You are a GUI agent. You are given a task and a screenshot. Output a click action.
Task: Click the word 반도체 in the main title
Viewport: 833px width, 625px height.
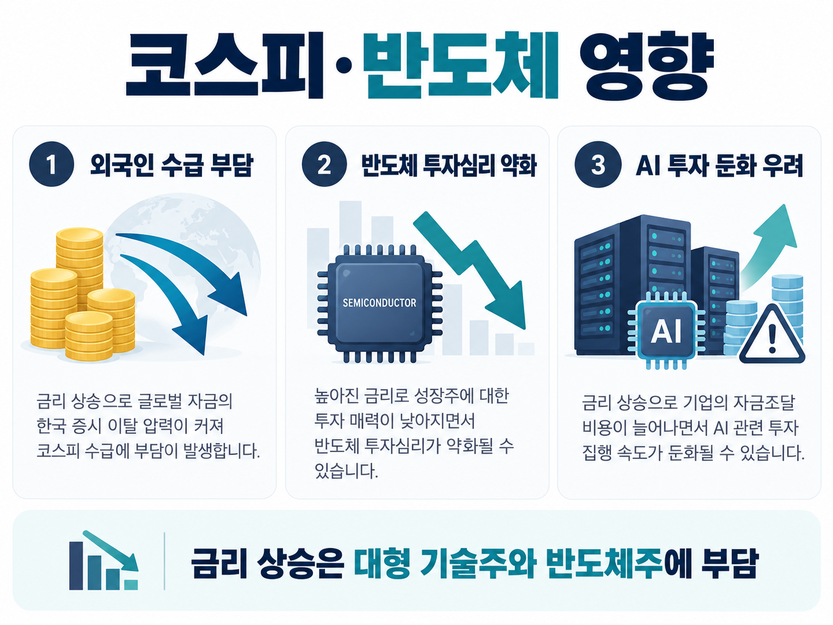click(x=460, y=65)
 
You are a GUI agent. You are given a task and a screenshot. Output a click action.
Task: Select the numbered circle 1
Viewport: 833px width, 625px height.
click(x=51, y=164)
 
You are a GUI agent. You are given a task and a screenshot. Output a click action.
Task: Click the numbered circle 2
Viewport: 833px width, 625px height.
click(x=324, y=164)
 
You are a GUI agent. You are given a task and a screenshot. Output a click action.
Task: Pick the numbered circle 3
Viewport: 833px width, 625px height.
click(x=598, y=164)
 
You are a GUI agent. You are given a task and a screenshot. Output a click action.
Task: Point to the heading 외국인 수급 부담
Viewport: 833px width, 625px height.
click(x=171, y=165)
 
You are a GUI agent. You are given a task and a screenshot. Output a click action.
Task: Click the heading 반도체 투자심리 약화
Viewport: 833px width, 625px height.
click(x=449, y=165)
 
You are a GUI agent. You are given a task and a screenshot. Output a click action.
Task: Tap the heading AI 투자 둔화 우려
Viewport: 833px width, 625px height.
click(x=720, y=165)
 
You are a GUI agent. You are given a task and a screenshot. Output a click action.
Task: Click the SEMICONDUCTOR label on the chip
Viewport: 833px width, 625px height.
click(x=380, y=303)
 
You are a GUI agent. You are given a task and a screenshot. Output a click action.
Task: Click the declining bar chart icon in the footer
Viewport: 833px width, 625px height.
click(x=104, y=560)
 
